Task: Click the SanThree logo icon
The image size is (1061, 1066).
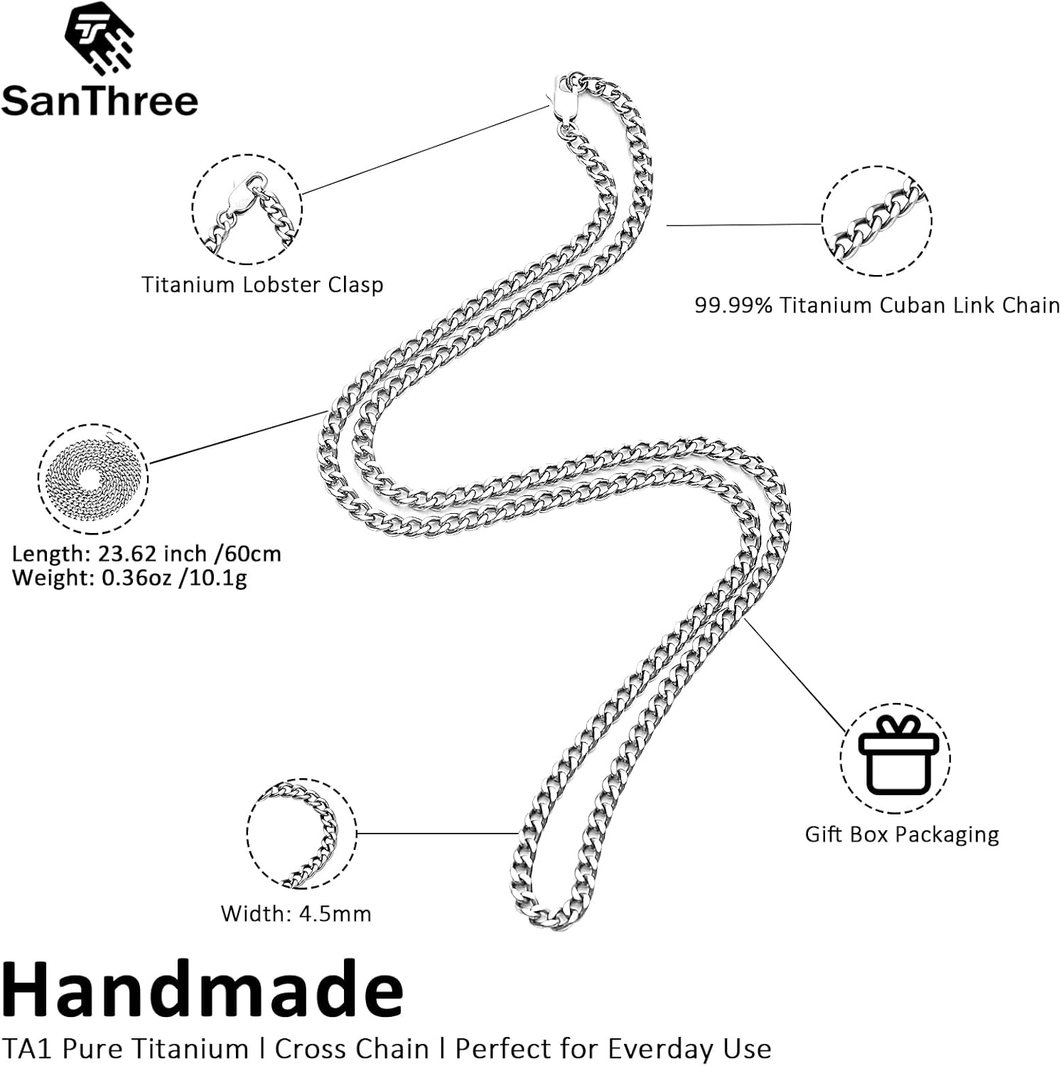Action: (99, 37)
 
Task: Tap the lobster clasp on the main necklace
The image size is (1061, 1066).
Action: (564, 99)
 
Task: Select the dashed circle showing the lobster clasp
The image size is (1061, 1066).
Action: (247, 209)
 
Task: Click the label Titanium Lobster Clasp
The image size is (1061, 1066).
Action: (262, 285)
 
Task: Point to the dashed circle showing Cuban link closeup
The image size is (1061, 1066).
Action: (876, 221)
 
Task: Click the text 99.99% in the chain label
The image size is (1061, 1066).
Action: (733, 306)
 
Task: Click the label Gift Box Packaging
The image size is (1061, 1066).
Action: (901, 834)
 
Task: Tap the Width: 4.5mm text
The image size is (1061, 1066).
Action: (296, 913)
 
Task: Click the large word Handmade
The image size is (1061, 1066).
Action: (203, 989)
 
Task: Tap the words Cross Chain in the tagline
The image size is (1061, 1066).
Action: (352, 1049)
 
